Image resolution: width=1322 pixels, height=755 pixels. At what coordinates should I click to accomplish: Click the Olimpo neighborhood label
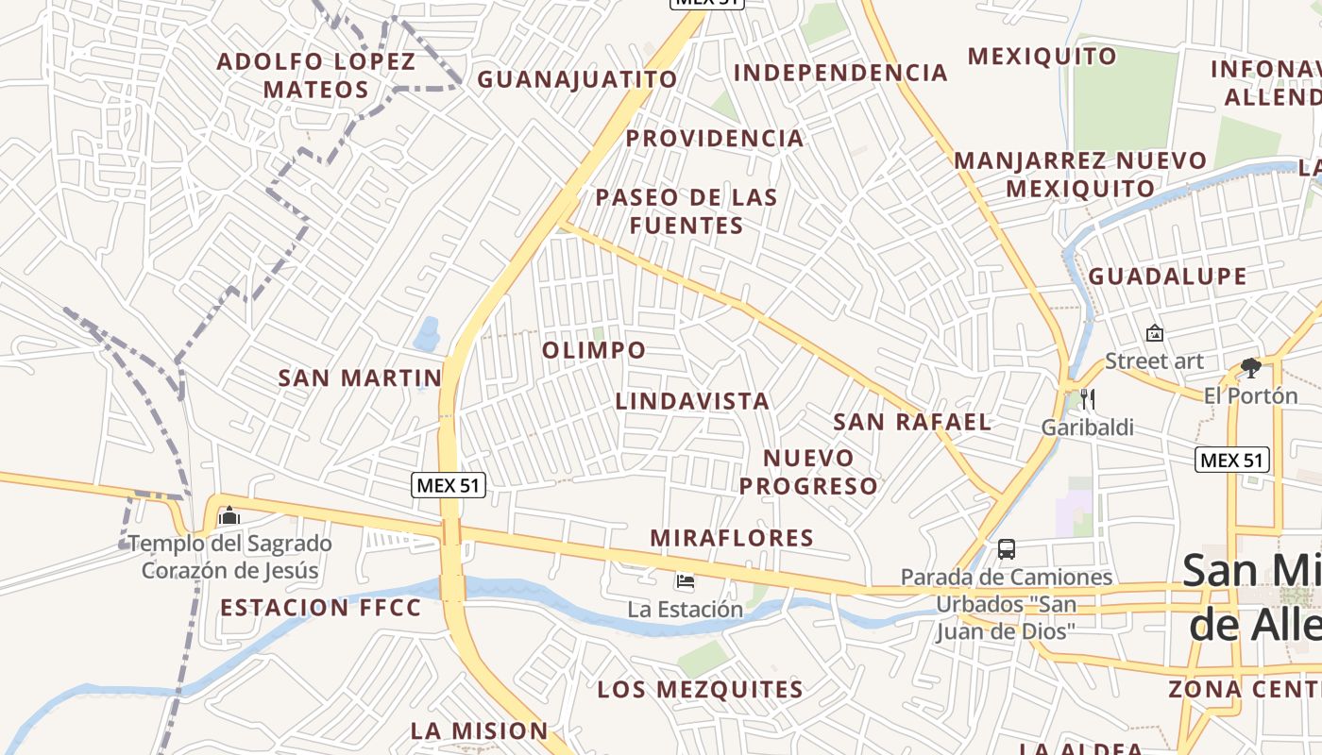click(594, 350)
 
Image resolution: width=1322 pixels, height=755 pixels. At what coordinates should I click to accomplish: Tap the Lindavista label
click(692, 401)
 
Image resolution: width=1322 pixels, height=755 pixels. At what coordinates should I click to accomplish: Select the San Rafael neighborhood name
click(912, 422)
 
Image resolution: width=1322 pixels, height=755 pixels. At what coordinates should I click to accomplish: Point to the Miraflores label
click(732, 538)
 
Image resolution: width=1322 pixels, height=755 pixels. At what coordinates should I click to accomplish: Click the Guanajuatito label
click(577, 79)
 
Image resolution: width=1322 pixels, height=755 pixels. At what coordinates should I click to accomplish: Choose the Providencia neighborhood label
click(715, 139)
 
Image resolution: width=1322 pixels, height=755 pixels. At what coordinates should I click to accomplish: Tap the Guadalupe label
click(1167, 277)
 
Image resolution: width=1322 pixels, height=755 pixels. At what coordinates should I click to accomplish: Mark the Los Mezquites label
click(700, 690)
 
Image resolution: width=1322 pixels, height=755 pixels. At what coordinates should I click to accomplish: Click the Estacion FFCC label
click(321, 608)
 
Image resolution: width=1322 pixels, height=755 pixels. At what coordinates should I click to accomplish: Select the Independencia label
click(840, 73)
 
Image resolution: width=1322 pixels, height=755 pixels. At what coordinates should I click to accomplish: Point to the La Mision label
click(479, 730)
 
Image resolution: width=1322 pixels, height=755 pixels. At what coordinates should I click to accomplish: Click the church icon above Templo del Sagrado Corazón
click(229, 516)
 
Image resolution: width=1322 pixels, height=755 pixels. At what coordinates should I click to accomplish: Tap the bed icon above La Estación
click(686, 581)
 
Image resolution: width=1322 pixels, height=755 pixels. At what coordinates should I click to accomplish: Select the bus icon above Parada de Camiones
click(1007, 548)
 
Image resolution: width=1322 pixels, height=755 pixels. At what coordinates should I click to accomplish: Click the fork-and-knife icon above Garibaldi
click(1087, 398)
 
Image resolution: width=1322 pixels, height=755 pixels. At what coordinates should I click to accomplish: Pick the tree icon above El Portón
click(1251, 367)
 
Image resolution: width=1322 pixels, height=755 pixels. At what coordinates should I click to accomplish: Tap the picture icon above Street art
click(1154, 333)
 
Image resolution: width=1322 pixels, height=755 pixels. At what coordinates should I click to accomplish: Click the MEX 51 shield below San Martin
click(449, 485)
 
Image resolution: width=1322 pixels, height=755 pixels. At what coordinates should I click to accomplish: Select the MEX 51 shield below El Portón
click(1231, 460)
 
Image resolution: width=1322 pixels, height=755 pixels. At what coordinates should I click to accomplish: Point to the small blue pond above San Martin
click(427, 333)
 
